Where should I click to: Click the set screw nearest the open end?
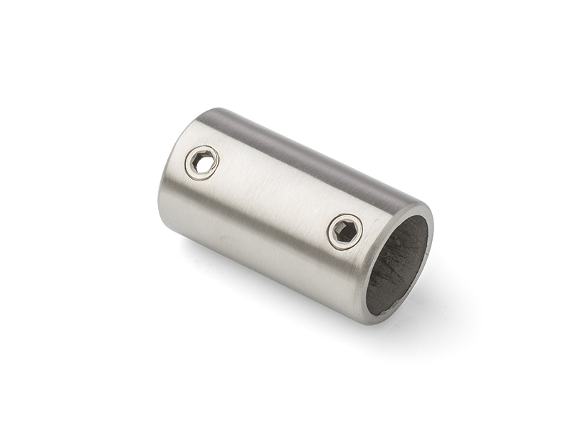(345, 232)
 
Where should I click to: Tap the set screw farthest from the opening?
(201, 163)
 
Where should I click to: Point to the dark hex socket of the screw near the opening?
(345, 232)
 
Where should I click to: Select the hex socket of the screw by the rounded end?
(202, 163)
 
